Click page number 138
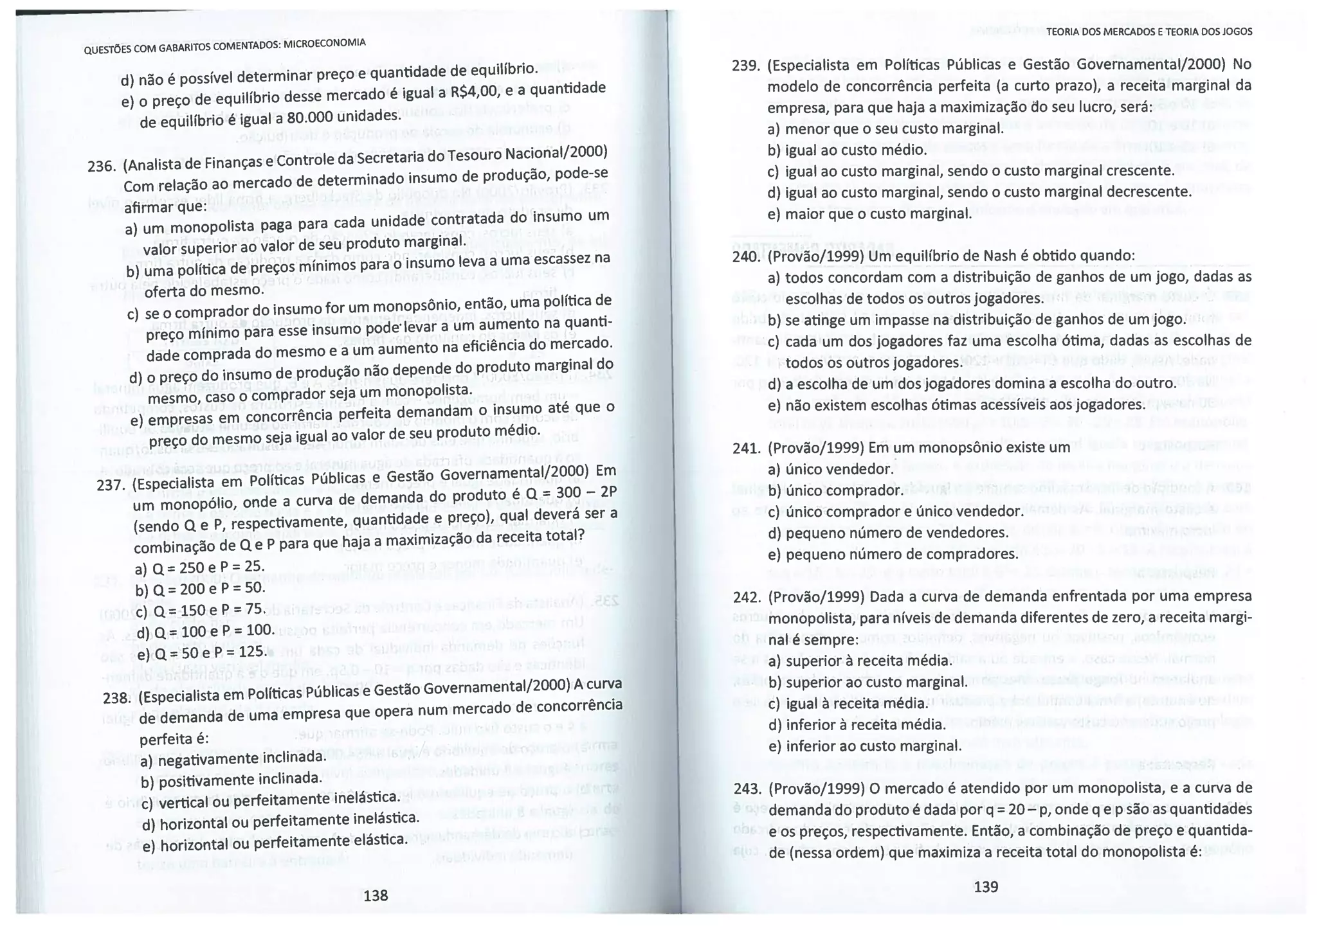[x=376, y=895]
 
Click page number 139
[x=986, y=887]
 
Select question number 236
[x=101, y=166]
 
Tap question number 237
[x=110, y=485]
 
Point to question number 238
[x=116, y=699]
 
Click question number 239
[x=746, y=66]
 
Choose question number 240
[x=746, y=256]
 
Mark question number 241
[x=746, y=448]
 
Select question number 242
[x=746, y=597]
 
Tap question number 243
[x=746, y=789]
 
